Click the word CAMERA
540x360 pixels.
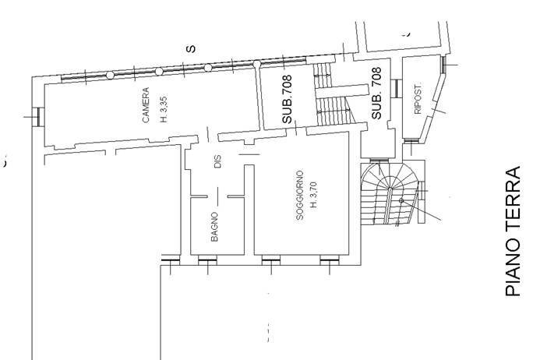146,115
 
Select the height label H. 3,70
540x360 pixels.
313,196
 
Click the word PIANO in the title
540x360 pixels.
512,269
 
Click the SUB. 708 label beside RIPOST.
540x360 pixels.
376,93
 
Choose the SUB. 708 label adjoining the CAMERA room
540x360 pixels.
288,99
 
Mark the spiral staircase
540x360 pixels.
394,195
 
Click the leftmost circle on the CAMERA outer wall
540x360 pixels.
110,75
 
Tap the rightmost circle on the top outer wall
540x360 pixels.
256,63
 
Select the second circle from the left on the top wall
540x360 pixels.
159,71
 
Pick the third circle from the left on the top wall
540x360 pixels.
208,67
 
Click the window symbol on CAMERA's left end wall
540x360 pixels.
37,116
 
